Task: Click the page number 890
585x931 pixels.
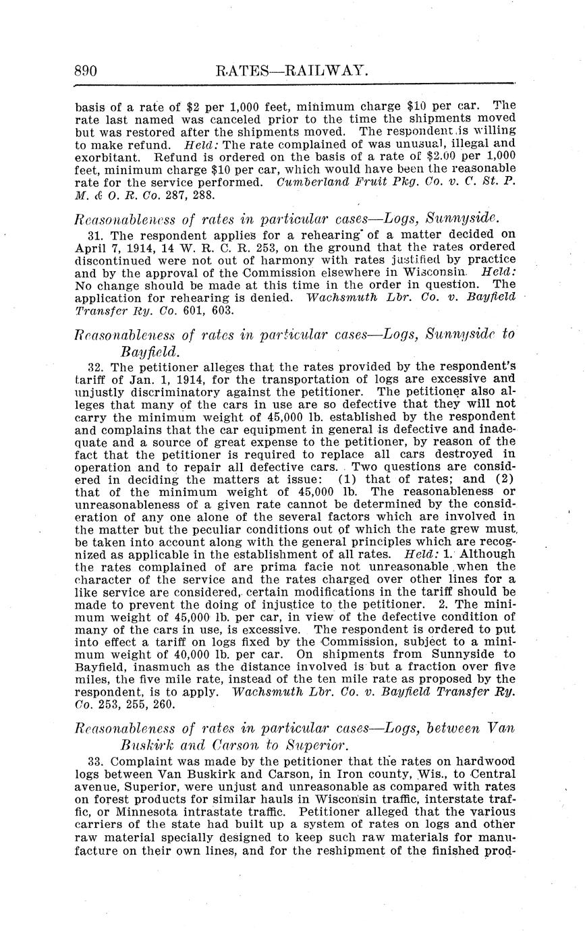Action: point(86,70)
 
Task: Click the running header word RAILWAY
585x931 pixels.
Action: point(316,70)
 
